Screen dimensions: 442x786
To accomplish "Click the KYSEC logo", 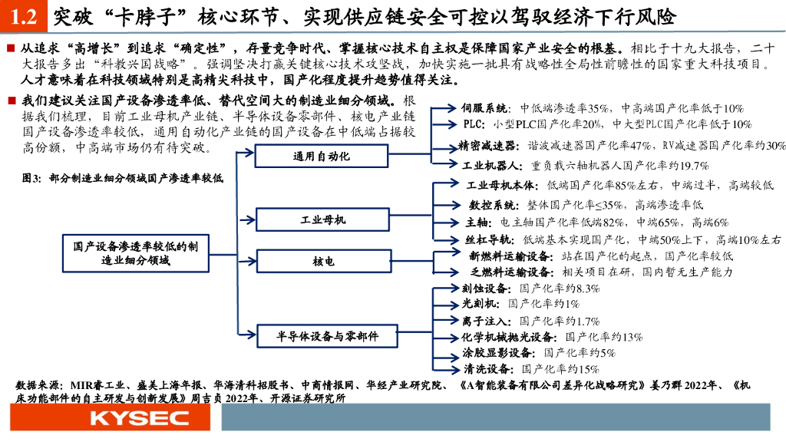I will click(x=139, y=418).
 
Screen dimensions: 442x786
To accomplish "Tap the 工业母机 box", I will click(x=322, y=220).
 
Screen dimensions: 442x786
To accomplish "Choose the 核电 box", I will click(x=322, y=262).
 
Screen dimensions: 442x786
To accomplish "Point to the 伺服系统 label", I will click(x=486, y=109).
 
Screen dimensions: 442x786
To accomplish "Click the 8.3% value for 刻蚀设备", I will click(x=586, y=289).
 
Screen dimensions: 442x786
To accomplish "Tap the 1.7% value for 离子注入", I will click(x=586, y=321).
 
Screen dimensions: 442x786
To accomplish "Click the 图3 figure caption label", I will click(x=31, y=178).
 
